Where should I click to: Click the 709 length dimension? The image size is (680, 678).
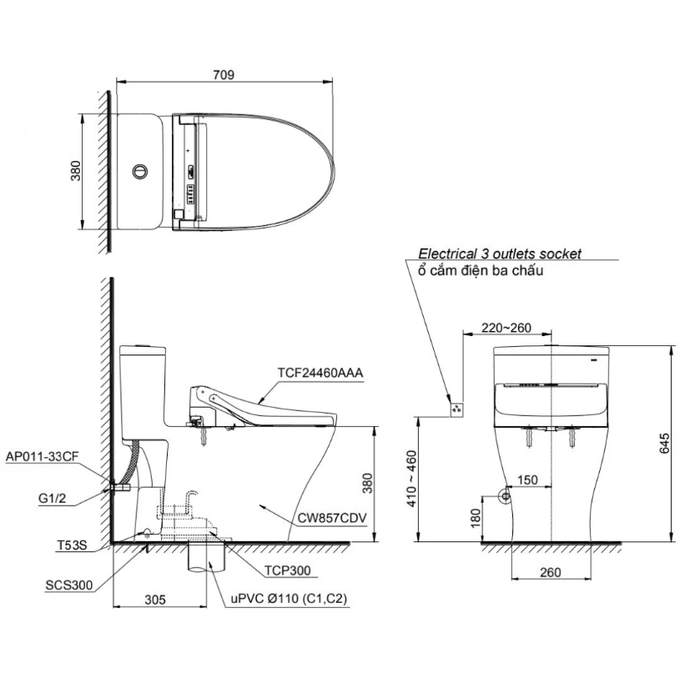(224, 74)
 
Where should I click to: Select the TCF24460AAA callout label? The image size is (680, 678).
(320, 373)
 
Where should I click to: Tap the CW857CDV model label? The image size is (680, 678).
(332, 518)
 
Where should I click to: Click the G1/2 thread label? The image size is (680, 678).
(52, 498)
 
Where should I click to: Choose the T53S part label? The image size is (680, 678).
(72, 545)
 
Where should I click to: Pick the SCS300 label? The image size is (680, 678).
(69, 585)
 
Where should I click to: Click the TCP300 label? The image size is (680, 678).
(288, 570)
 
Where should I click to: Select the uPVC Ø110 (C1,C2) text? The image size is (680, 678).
(289, 599)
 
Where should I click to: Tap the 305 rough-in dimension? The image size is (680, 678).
(155, 600)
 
